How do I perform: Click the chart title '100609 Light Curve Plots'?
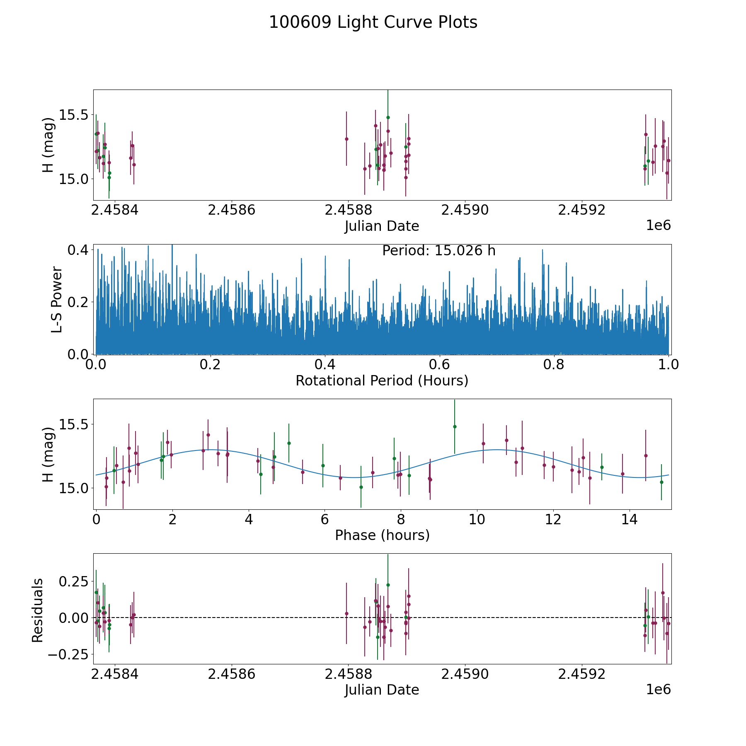[x=373, y=22]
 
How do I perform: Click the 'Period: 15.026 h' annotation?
[x=438, y=251]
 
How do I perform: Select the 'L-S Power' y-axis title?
[x=57, y=299]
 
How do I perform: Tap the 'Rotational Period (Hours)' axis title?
[x=382, y=380]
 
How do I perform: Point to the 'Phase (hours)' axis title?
[x=382, y=535]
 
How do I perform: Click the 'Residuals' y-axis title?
[x=38, y=610]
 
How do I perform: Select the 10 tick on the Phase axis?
[x=477, y=520]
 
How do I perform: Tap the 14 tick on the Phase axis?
[x=630, y=520]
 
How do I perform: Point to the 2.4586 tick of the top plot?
[x=231, y=210]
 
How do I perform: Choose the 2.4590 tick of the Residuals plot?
[x=465, y=674]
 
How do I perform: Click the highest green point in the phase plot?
[x=455, y=426]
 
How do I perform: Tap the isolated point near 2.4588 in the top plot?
[x=346, y=139]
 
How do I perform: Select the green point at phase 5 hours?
[x=289, y=443]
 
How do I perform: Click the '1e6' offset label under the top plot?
[x=658, y=225]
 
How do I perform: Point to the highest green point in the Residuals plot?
[x=388, y=585]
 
